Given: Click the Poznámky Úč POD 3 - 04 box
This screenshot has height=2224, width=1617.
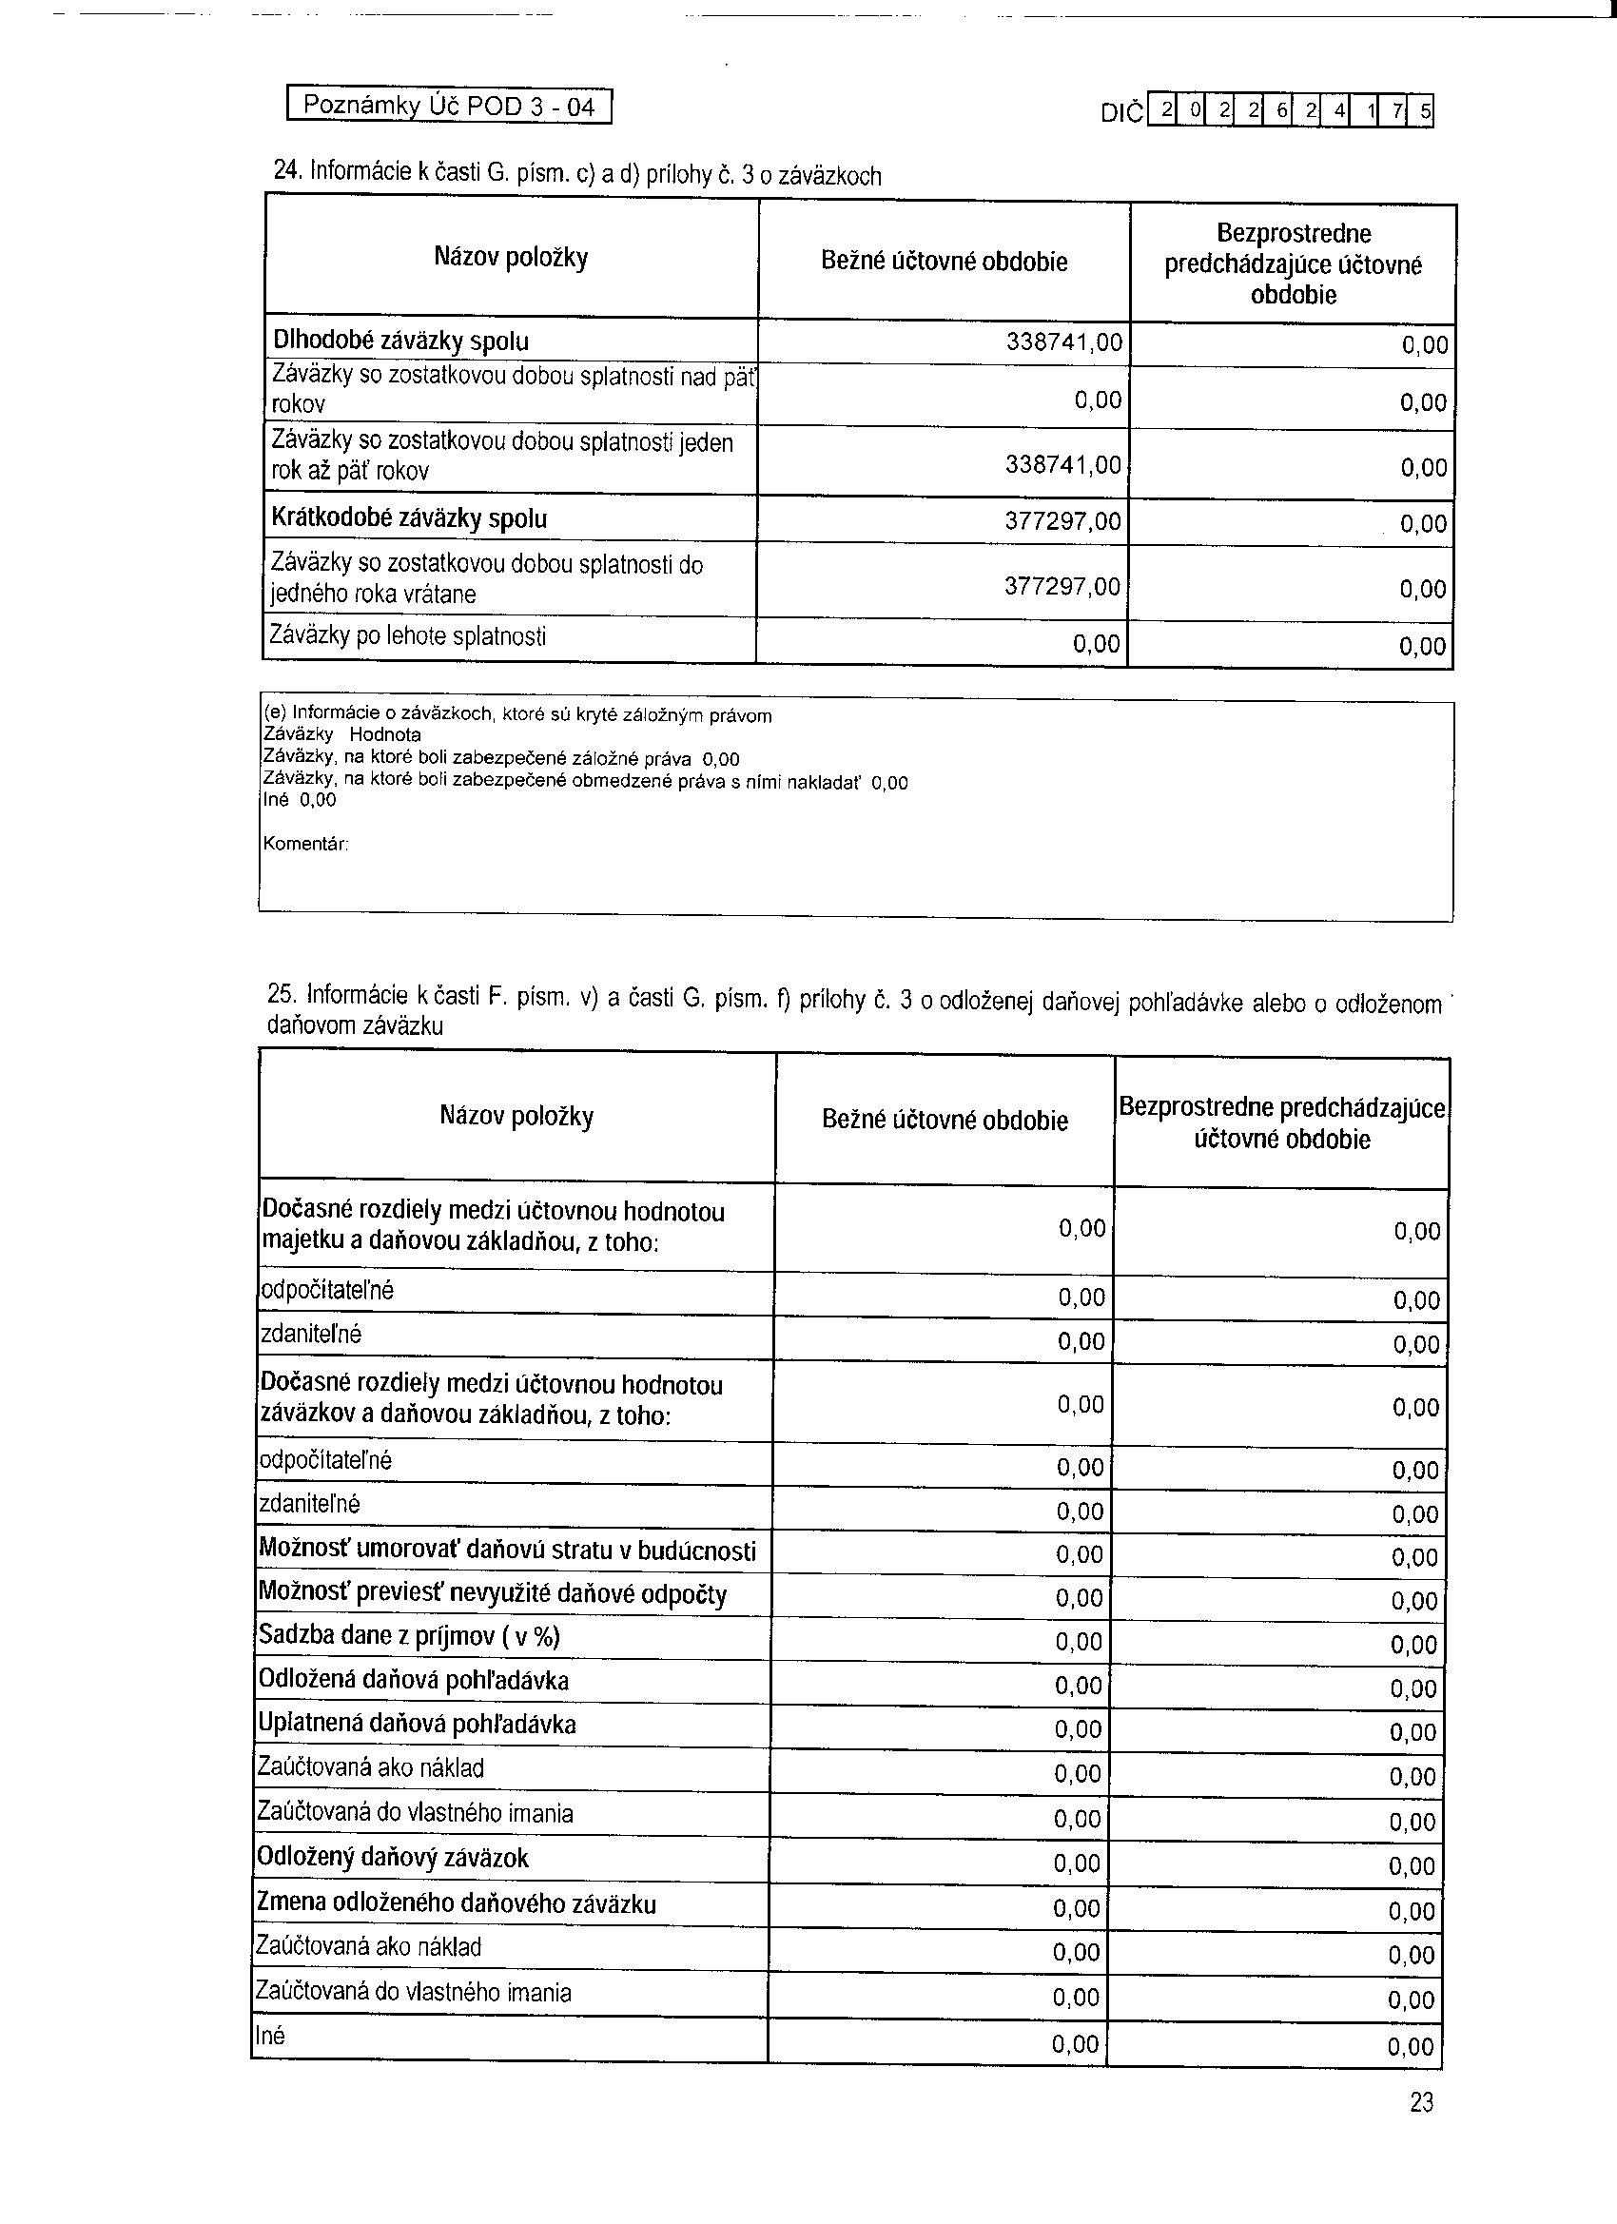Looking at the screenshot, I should (449, 105).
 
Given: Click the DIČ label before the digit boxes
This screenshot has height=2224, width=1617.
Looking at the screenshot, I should (1121, 113).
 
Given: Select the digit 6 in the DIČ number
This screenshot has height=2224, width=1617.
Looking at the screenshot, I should (1280, 110).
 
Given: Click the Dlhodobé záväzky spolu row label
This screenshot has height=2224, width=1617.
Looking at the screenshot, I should (400, 341).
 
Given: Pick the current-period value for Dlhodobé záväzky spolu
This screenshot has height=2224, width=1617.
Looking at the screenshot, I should (1064, 342).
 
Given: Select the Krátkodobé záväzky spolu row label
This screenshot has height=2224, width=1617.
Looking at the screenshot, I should (409, 518).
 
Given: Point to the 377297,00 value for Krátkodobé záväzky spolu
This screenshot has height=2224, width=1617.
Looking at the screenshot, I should (1063, 520).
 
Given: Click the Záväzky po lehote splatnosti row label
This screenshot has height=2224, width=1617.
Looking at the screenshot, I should (408, 636).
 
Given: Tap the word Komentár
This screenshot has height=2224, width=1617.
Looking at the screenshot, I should (306, 844).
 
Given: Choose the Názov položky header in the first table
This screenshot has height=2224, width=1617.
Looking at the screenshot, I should (511, 258).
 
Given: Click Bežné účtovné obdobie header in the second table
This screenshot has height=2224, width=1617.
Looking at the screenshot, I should (945, 1120).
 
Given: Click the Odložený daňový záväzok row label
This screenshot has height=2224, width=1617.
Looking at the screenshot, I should (392, 1857).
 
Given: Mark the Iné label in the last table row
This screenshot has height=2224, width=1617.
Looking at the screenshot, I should (270, 2036).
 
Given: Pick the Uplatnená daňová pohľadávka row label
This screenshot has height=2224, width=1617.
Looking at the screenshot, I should (417, 1723).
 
